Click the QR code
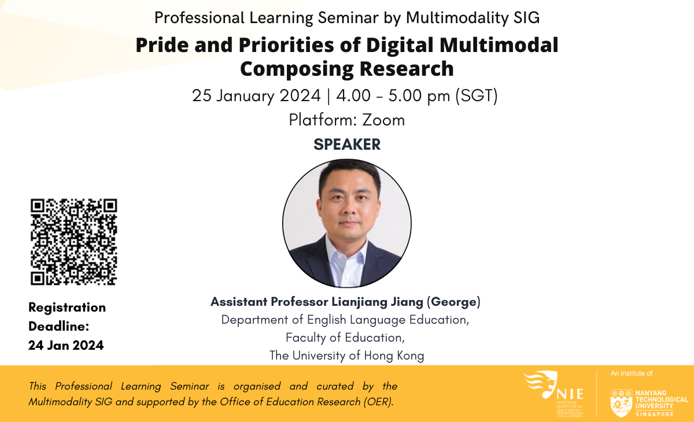(73, 242)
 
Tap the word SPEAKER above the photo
(347, 145)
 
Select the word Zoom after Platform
(383, 120)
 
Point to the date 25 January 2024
(257, 95)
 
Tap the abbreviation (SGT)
(477, 95)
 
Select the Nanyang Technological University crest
(621, 402)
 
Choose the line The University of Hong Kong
(347, 356)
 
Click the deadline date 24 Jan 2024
(66, 346)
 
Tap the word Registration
(67, 308)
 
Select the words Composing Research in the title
(347, 69)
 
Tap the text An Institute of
(632, 374)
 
